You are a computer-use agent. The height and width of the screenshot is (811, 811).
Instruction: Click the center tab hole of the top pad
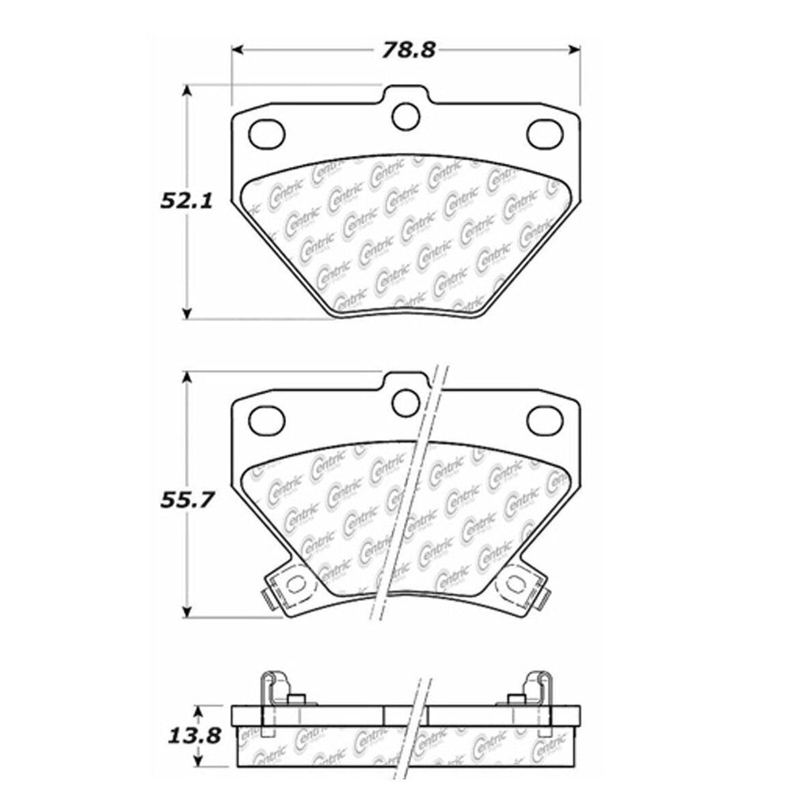pos(406,116)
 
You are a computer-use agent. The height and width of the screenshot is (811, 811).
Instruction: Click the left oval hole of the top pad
pos(267,133)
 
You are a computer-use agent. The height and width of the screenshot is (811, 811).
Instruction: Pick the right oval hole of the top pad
pos(544,133)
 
